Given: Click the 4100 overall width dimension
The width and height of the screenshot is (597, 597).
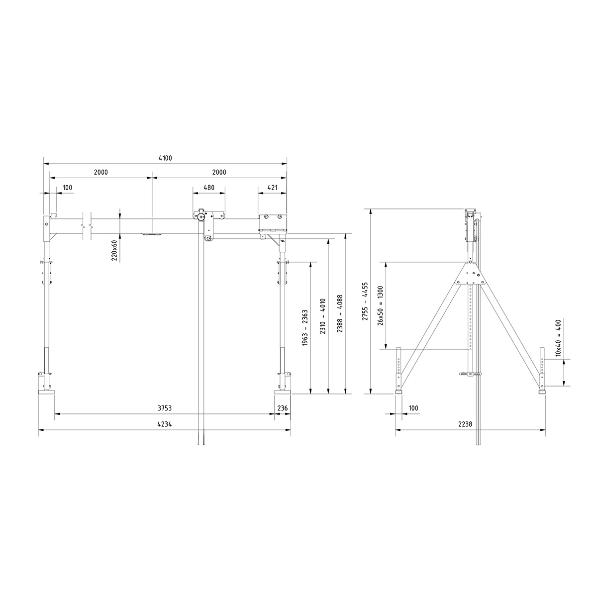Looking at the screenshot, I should [x=165, y=158].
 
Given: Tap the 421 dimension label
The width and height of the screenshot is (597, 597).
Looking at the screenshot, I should [x=272, y=188].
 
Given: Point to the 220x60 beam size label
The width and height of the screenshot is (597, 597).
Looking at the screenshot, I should [x=114, y=250].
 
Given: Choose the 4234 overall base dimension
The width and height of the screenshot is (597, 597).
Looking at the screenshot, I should [x=165, y=424].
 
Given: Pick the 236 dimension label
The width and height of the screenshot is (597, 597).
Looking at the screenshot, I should [x=283, y=408].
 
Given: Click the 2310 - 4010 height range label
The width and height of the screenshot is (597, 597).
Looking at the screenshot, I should [x=322, y=317].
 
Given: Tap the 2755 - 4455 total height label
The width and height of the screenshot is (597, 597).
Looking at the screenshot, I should [x=365, y=302].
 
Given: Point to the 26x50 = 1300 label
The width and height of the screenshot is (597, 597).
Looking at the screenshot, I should [x=381, y=305].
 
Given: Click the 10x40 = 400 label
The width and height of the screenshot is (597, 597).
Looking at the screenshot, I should [x=558, y=338].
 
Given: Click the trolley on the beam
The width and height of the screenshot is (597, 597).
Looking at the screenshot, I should [x=208, y=219].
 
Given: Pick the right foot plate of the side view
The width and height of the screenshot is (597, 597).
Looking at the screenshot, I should [x=542, y=392].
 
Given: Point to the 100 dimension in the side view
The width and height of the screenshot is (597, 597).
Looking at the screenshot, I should [x=413, y=408].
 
